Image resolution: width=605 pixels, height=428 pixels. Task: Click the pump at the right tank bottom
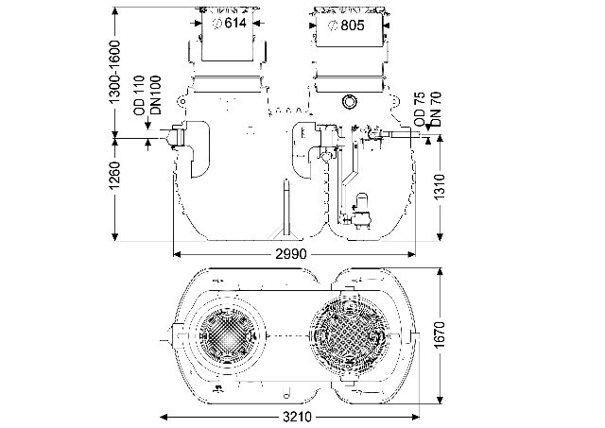(360, 206)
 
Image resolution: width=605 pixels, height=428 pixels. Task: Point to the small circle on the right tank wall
(351, 100)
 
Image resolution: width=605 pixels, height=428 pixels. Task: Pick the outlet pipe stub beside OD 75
(402, 136)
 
